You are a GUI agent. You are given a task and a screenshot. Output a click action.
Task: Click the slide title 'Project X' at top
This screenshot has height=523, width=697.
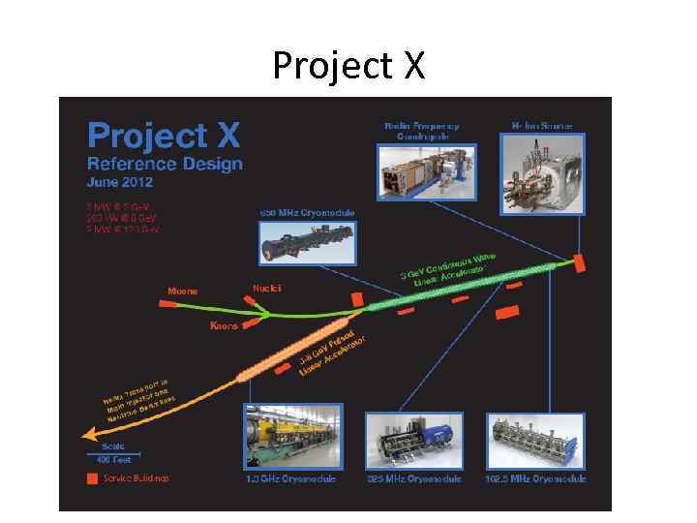[348, 65]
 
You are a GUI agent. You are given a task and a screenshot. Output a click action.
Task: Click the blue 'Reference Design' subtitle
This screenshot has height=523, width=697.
[165, 163]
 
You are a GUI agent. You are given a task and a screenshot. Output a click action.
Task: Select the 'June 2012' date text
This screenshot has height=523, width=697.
[121, 181]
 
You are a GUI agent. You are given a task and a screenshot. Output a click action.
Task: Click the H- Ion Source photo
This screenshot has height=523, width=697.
[541, 173]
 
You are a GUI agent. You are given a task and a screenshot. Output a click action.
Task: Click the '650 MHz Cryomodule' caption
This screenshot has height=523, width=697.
[307, 213]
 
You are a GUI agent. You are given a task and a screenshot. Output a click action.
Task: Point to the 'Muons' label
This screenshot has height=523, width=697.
[183, 291]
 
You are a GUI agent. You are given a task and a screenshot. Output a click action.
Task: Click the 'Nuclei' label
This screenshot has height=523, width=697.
[266, 288]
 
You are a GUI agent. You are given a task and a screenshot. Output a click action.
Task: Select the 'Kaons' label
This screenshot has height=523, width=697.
[225, 325]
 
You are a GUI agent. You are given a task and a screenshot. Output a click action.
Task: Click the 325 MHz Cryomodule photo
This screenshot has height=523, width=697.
[414, 440]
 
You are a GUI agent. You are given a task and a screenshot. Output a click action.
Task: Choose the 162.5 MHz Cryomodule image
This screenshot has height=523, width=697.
[538, 440]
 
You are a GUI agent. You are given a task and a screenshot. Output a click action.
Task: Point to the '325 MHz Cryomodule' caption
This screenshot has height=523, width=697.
[414, 478]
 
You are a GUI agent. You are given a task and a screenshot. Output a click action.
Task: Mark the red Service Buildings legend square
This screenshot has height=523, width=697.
[92, 478]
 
